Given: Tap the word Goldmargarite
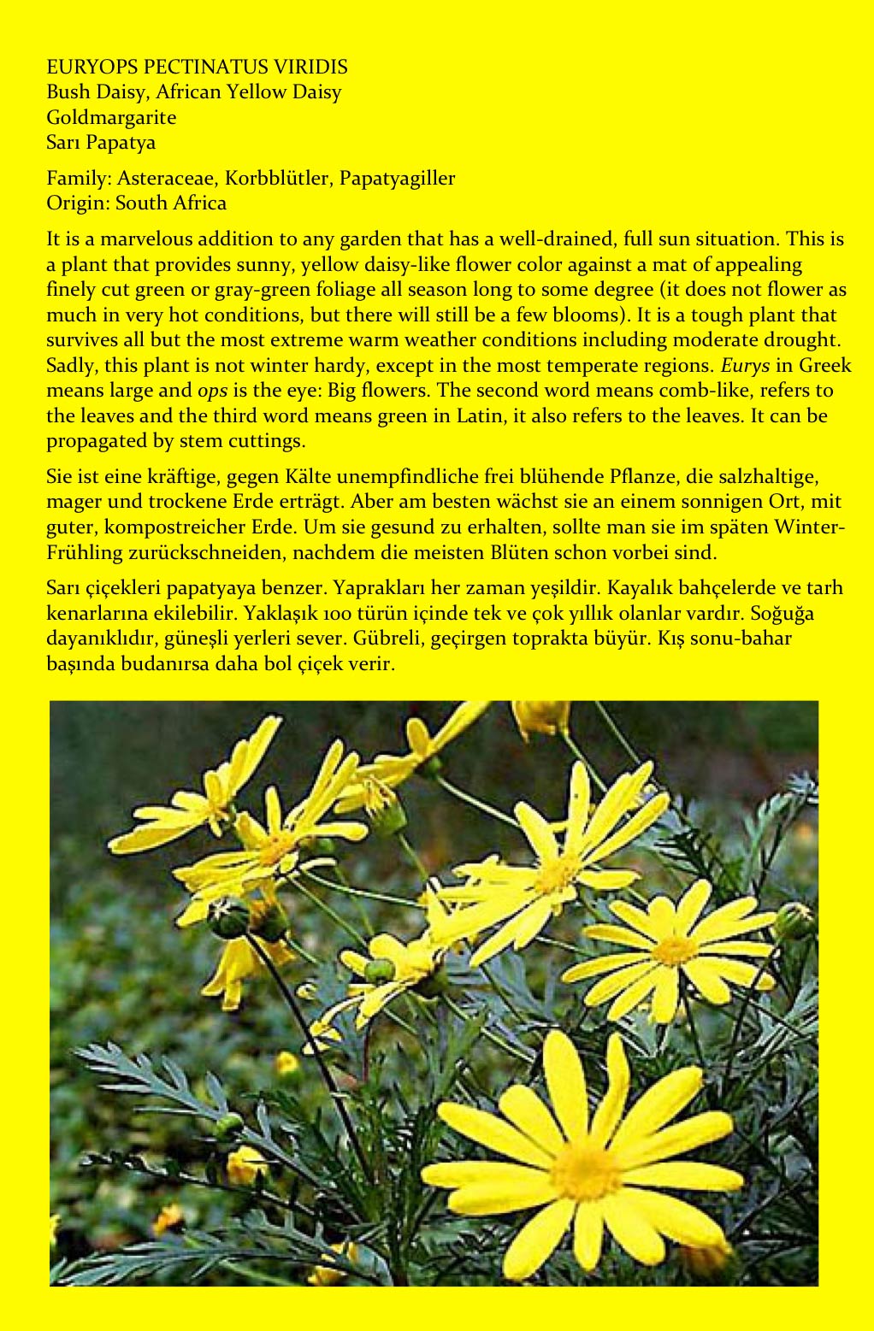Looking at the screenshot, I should coord(111,117).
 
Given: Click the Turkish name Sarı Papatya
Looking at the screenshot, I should coord(101,142).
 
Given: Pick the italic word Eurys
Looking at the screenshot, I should coord(746,366).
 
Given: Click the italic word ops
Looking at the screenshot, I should coord(213,392).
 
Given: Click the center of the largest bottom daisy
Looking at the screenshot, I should coord(587,1170).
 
